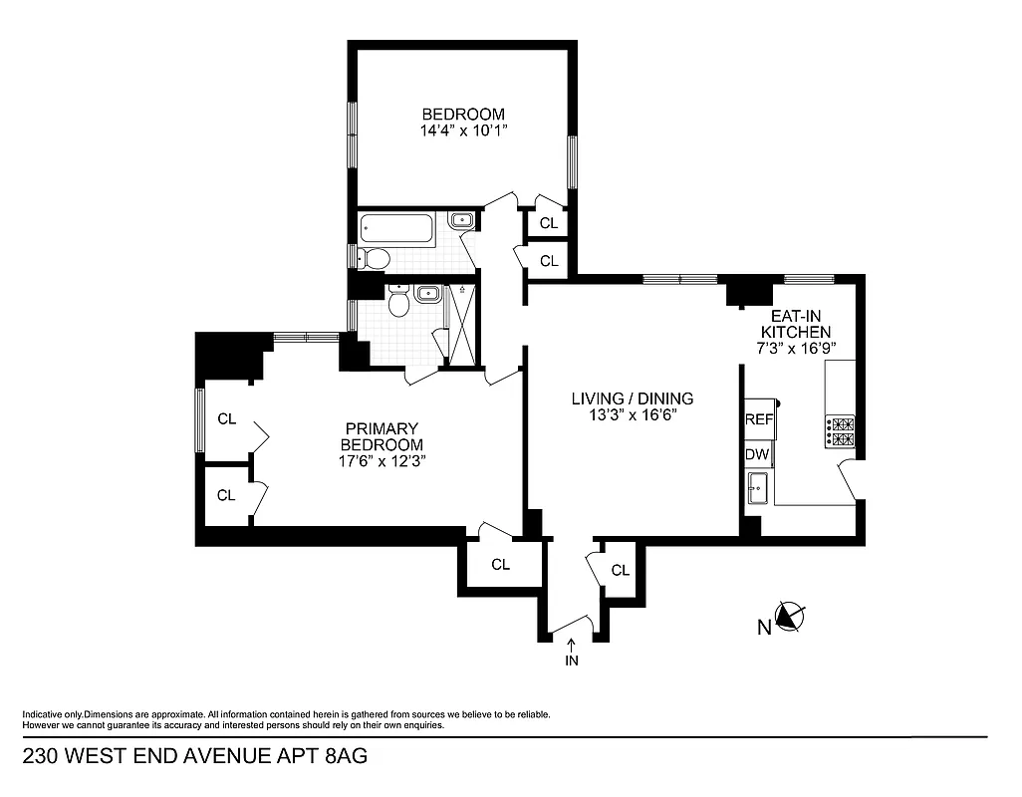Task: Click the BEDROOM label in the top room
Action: (462, 114)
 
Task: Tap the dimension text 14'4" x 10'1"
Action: (462, 131)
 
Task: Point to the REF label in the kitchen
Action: (759, 419)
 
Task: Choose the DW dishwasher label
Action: (757, 454)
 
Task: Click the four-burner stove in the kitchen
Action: (839, 430)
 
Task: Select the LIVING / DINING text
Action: (632, 398)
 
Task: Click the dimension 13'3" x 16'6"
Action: (632, 415)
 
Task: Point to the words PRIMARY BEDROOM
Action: (382, 436)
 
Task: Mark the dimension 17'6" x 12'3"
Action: (382, 460)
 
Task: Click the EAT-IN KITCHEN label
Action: (796, 324)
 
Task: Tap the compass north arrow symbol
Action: (790, 619)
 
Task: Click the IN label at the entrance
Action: (572, 661)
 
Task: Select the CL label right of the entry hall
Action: (621, 570)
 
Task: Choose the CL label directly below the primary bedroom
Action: (500, 565)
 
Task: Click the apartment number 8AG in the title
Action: (347, 756)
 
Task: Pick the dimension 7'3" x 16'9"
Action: (796, 348)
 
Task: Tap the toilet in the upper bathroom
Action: (375, 259)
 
